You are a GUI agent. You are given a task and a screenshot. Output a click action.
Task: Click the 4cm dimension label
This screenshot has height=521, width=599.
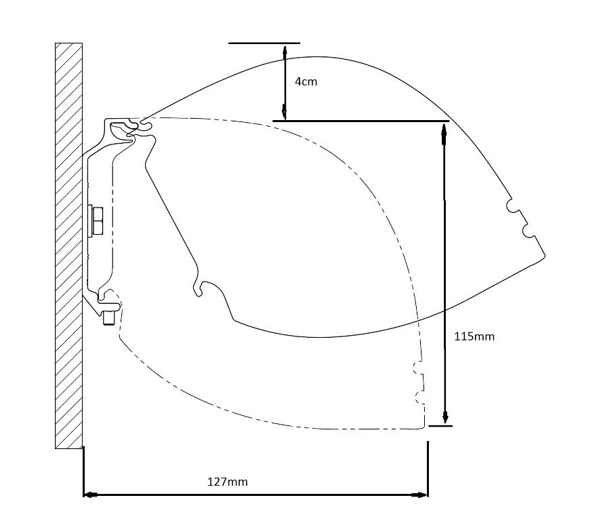point(306,81)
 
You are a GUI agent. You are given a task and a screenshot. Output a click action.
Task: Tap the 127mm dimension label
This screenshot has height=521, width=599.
point(227,482)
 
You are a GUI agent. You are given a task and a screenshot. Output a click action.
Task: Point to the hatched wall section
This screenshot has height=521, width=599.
point(68,244)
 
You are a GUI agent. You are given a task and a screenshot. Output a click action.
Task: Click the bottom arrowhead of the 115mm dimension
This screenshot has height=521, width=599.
point(445,419)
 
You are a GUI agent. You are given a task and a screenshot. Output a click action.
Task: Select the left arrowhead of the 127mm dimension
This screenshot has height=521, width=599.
point(88,495)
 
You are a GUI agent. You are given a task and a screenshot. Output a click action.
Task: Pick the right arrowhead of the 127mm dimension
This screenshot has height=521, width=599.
point(423,495)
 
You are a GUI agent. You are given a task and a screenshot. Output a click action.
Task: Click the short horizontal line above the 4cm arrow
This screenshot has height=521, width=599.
point(264,43)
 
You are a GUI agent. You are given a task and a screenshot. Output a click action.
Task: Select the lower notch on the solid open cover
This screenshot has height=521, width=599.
point(528,231)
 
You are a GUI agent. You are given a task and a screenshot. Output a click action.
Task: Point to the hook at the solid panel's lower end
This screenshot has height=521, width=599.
point(199,289)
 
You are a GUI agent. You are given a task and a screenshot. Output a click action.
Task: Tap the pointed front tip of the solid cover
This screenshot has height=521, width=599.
point(543,256)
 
